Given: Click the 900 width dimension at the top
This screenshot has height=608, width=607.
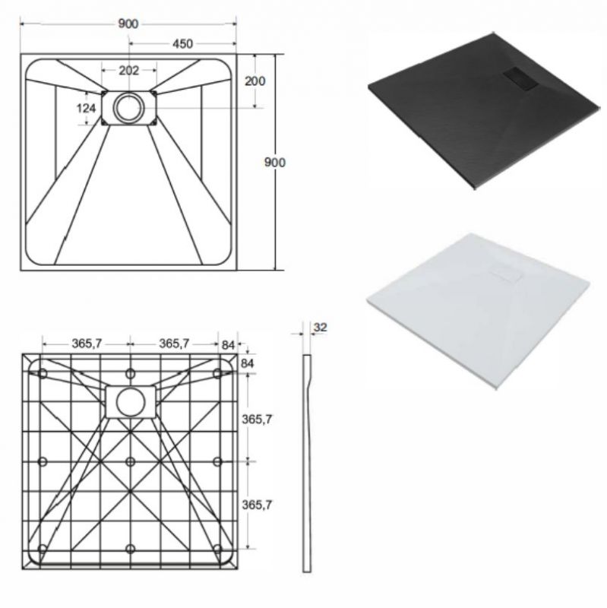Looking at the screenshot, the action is click(x=128, y=24).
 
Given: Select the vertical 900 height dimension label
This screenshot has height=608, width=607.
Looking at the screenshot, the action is click(x=275, y=162).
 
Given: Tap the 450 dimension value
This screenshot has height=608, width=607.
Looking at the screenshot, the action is click(x=182, y=44).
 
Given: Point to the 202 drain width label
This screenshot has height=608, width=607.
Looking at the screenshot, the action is click(x=128, y=71).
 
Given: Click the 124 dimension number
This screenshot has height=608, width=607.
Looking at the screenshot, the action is click(x=86, y=108).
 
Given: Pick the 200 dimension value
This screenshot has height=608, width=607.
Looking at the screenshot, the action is click(x=255, y=81).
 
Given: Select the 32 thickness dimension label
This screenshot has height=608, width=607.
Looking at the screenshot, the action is click(x=320, y=328).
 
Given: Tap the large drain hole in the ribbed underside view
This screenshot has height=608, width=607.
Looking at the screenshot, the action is click(x=131, y=403).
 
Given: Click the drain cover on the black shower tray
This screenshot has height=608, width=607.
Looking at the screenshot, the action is click(x=520, y=78).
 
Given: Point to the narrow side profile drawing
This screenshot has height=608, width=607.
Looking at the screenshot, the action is click(x=307, y=463).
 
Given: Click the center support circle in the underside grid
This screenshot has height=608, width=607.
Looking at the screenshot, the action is click(x=131, y=461).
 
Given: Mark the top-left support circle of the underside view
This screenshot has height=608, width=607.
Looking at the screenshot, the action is click(x=43, y=374).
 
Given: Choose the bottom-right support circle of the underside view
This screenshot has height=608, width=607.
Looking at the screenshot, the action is click(x=217, y=549).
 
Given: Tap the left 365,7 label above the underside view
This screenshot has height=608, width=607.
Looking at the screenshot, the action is click(x=87, y=344).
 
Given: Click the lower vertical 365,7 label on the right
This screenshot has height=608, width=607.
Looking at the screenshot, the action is click(x=257, y=505).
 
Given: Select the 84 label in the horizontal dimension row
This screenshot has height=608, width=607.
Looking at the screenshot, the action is click(x=229, y=345).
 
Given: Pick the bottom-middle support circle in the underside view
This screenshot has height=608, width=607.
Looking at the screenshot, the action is click(x=131, y=549).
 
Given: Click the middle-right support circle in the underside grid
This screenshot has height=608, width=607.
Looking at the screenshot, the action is click(x=217, y=461).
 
